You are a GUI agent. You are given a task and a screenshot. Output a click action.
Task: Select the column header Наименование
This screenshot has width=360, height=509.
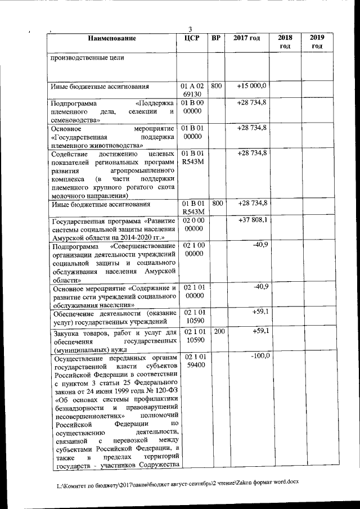[x=112, y=39]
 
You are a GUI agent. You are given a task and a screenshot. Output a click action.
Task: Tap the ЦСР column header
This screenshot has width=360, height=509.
[x=192, y=39]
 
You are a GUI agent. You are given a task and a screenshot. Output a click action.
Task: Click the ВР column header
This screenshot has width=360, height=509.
[x=216, y=39]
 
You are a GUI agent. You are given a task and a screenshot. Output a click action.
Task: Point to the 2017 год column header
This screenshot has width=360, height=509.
[x=247, y=39]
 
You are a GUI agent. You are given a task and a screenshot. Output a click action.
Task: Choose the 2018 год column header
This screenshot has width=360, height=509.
[x=285, y=42]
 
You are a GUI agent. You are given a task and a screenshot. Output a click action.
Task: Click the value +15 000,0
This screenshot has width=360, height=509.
[x=251, y=86]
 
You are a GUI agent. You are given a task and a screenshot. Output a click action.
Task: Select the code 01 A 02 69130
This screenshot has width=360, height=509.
[x=192, y=91]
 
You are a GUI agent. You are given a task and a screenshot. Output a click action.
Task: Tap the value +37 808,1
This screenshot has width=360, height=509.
[x=252, y=220]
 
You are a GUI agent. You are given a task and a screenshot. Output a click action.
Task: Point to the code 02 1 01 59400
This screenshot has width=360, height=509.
[x=193, y=361]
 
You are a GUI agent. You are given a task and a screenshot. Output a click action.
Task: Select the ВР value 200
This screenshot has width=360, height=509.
[x=219, y=332]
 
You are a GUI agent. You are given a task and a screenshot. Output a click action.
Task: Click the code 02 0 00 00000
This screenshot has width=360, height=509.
[x=193, y=224]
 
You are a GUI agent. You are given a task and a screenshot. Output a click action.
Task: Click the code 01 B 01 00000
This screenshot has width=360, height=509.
[x=192, y=133]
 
